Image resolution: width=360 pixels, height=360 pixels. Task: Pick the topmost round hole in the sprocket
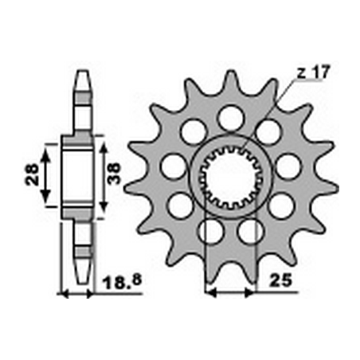(x=230, y=119)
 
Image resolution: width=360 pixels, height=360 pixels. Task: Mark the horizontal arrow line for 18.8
(x=79, y=292)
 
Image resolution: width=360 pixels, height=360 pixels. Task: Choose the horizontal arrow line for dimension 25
(x=230, y=292)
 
